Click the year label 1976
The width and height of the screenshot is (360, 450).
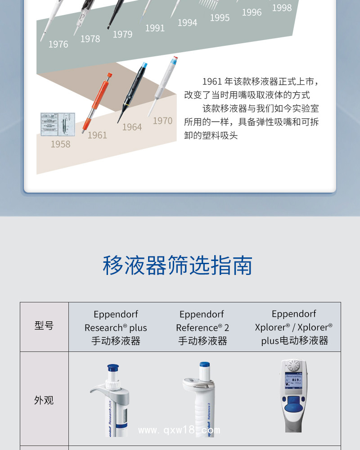[58, 44]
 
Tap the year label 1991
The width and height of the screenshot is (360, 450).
[155, 28]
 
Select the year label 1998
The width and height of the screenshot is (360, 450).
[282, 8]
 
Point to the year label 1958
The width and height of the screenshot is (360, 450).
[61, 144]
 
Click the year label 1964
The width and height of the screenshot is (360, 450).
[132, 127]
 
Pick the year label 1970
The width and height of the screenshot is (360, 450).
[162, 121]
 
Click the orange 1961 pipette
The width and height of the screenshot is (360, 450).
[97, 103]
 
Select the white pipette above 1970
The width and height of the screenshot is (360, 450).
[163, 86]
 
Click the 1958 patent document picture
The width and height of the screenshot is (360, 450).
[58, 124]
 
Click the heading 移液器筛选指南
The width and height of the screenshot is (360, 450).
[178, 265]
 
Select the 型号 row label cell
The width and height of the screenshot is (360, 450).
[44, 327]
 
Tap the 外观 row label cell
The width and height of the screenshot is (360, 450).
[44, 399]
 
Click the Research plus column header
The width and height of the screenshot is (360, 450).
[116, 328]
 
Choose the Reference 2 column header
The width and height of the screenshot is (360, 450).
[202, 328]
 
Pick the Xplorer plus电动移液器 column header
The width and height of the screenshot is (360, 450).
[294, 327]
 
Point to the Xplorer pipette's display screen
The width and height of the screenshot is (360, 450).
[293, 381]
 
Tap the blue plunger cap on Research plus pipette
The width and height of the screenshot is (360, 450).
[113, 368]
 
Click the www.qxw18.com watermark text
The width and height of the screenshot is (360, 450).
[179, 430]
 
